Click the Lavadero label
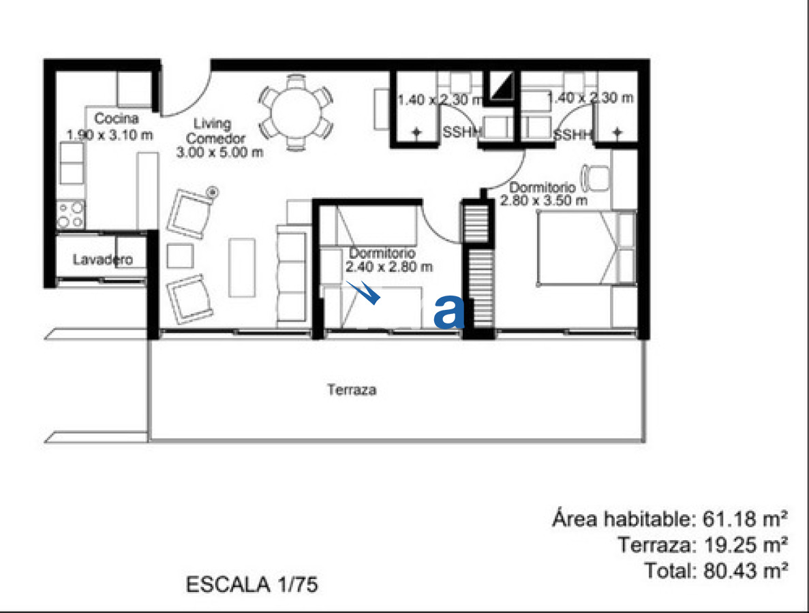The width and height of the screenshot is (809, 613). tap(102, 260)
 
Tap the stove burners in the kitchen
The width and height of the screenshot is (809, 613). tap(71, 214)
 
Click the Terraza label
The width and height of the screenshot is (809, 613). tap(352, 391)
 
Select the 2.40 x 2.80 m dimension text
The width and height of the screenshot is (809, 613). tap(389, 267)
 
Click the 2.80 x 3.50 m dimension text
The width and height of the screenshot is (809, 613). tap(543, 200)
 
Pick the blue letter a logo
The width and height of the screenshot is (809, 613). tap(449, 312)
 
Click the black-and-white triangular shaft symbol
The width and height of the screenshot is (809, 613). tap(502, 87)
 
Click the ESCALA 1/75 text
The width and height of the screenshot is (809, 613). tap(251, 584)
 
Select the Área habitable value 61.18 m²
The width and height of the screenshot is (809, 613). tap(745, 520)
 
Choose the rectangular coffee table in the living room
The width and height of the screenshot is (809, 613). tap(242, 267)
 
